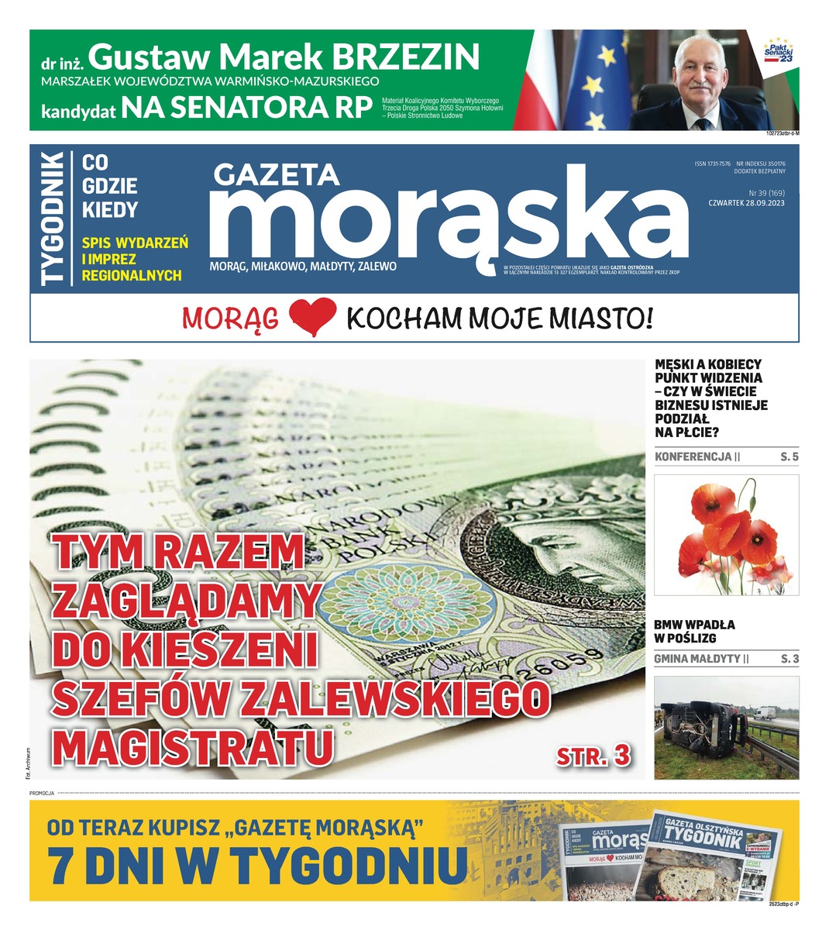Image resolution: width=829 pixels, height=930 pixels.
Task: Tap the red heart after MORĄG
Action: pos(312,319)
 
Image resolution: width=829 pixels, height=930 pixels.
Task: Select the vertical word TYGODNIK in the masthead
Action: pos(53,219)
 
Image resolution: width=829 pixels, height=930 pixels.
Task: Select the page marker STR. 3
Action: pos(593,757)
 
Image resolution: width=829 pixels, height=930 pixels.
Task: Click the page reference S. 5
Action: pos(789,456)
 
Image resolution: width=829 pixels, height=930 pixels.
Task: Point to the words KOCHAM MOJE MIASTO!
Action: pos(500,318)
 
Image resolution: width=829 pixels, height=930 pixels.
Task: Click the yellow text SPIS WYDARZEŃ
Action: pos(135,243)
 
